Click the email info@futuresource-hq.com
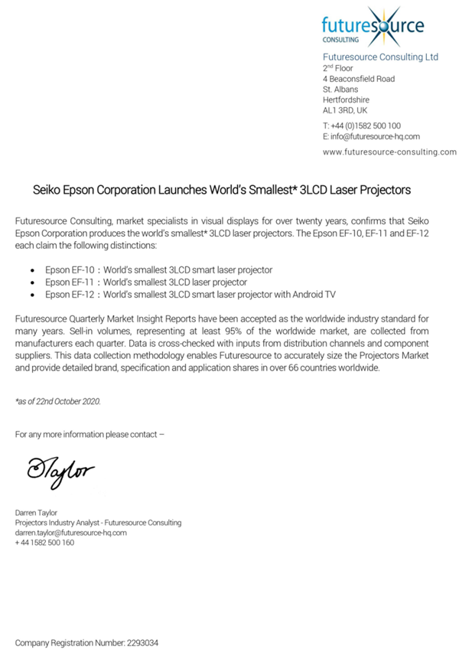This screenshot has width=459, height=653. coord(365,136)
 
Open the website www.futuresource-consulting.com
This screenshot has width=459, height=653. coord(389,152)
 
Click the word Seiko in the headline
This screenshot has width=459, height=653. coord(48,188)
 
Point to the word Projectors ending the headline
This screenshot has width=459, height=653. coord(385,188)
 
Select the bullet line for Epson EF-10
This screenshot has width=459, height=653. coord(158,271)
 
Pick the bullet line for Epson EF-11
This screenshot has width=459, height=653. coord(145,282)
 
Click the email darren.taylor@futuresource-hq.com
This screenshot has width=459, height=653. coord(71,532)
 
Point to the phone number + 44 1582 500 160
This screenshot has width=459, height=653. coord(44,542)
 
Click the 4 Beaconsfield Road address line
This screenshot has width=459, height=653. coord(359,79)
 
